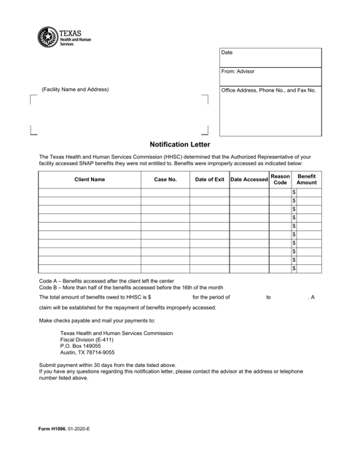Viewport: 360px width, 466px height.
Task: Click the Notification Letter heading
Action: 179,145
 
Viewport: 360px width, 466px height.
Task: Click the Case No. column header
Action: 165,179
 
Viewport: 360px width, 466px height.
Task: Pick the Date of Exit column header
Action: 209,179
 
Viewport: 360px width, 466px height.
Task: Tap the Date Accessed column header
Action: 249,179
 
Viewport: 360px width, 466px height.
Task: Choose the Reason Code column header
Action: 279,179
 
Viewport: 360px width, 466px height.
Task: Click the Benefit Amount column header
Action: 307,179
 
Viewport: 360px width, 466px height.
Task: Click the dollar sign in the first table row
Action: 294,192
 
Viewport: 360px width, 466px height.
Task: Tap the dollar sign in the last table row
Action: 294,269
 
